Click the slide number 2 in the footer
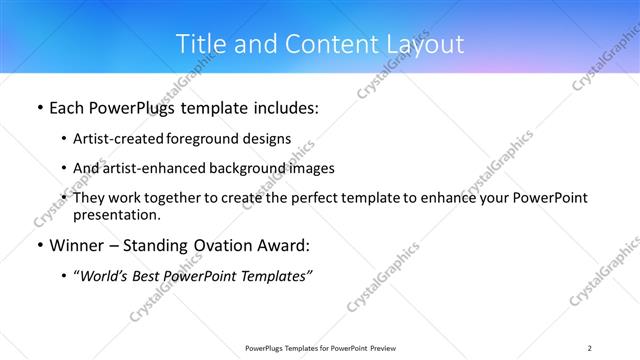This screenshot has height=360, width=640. [x=590, y=347]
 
